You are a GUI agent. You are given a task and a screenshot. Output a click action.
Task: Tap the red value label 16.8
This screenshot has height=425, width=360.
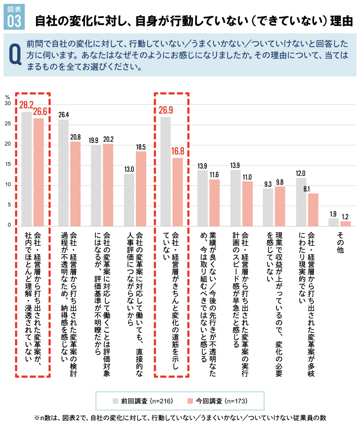coord(177,151)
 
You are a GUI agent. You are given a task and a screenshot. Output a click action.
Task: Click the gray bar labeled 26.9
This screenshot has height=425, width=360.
coord(166,171)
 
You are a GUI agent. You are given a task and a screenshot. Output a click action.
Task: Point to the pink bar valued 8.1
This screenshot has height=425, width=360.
coord(313,209)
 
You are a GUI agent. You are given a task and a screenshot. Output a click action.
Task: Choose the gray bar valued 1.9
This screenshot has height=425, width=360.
coord(333,222)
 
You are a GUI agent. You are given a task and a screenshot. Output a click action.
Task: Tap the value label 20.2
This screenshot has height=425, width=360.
coord(108,138)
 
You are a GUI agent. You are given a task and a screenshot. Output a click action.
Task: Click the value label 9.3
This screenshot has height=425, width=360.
coord(267,184)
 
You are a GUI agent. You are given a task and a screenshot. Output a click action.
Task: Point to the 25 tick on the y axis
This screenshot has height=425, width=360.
coord(8,125)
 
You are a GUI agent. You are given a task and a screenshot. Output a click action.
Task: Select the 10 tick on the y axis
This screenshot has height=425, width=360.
coord(8,185)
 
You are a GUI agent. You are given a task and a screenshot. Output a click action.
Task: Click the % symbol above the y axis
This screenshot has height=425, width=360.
coord(7,97)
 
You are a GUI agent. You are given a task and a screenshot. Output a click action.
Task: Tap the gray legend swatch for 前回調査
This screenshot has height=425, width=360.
coord(115,401)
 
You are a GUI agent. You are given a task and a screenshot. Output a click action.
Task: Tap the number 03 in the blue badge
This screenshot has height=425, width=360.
coord(14,21)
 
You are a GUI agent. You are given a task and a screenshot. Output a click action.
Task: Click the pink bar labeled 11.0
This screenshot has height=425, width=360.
coord(247,203)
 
